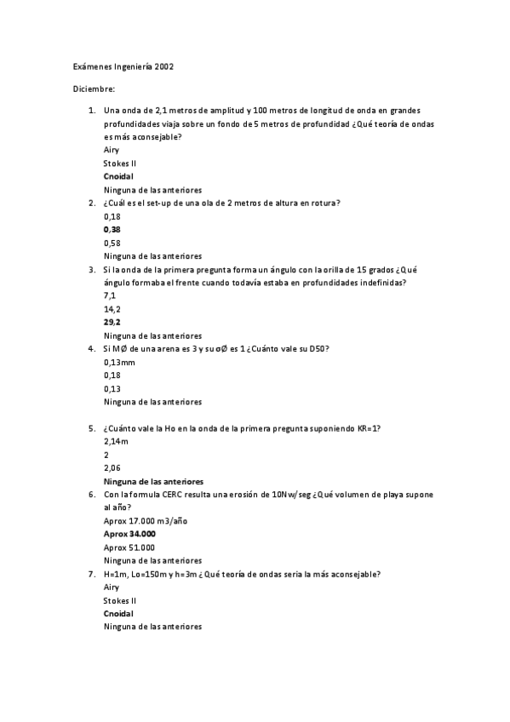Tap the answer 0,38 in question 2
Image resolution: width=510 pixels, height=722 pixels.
(x=112, y=230)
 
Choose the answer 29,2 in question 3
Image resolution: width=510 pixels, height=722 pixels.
(x=112, y=323)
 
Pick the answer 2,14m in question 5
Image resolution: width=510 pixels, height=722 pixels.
(x=116, y=442)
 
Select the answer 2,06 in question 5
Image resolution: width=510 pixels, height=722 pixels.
(x=112, y=468)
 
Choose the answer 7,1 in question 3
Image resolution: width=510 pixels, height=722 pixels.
(x=109, y=295)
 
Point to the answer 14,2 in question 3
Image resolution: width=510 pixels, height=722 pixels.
(x=112, y=309)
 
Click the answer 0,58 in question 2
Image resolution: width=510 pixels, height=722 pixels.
(x=112, y=243)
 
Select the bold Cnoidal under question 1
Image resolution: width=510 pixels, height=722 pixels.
(x=118, y=176)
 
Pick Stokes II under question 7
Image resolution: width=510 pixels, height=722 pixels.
(x=119, y=600)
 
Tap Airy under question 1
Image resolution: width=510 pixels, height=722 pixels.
(x=111, y=150)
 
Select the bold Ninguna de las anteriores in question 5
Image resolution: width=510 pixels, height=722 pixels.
(x=152, y=482)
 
